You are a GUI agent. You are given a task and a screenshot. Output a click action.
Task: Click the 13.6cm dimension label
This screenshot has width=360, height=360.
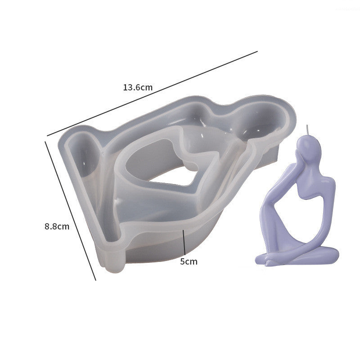pyautogui.click(x=138, y=87)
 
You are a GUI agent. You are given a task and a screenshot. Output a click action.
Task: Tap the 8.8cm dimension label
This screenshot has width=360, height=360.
pyautogui.click(x=57, y=227)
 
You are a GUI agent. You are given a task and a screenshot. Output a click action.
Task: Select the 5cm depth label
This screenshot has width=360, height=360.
pyautogui.click(x=189, y=261)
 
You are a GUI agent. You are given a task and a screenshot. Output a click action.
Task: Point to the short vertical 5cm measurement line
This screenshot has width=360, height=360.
pyautogui.click(x=184, y=242)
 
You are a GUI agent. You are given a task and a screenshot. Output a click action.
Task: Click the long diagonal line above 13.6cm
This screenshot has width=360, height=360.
pyautogui.click(x=152, y=94)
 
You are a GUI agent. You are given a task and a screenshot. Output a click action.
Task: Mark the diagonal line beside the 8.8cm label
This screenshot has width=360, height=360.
pyautogui.click(x=70, y=211)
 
